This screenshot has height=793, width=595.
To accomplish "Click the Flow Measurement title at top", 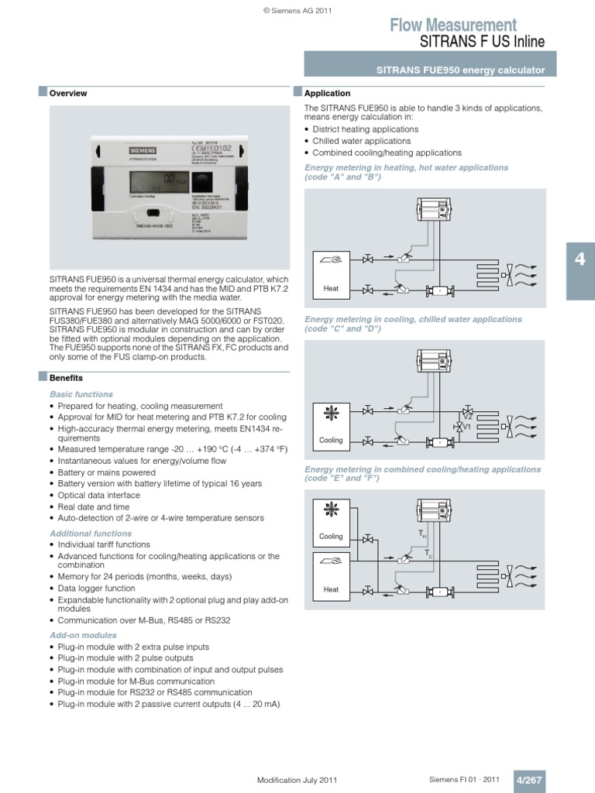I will click(452, 25).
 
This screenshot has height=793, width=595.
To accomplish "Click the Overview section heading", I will click(68, 94).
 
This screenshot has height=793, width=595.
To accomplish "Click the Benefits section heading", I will click(66, 379).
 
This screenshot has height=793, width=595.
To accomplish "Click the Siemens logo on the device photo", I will click(141, 150).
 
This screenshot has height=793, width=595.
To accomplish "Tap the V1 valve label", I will click(467, 427).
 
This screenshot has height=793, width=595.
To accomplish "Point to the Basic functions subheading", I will click(81, 395).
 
